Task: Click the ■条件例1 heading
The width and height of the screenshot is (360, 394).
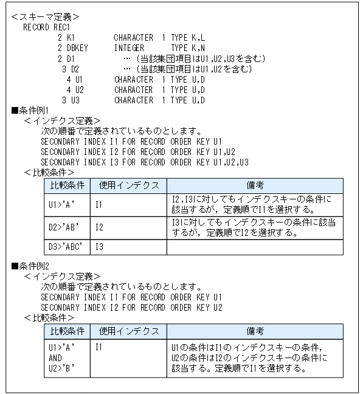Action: click(x=30, y=110)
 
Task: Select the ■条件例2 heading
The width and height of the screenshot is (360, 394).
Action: click(x=30, y=266)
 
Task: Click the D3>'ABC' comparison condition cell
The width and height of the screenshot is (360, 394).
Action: click(x=67, y=247)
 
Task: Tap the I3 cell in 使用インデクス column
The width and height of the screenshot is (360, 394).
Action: click(x=99, y=247)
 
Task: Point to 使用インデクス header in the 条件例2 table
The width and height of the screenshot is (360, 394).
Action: click(x=129, y=331)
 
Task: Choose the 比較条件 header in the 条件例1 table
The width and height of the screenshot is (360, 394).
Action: click(x=67, y=185)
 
